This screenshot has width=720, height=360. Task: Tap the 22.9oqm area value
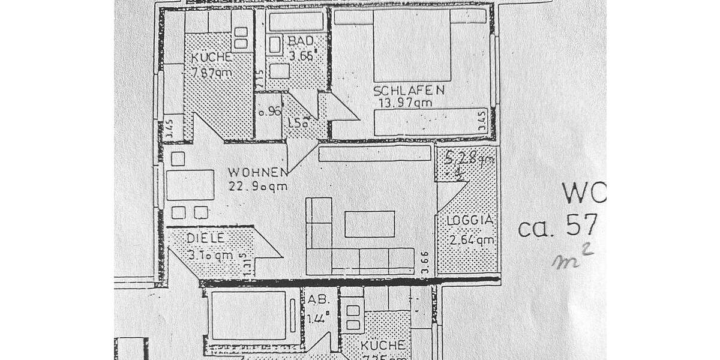click(258, 186)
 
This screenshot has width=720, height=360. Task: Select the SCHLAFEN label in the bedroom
click(409, 91)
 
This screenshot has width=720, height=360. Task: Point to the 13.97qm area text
click(405, 103)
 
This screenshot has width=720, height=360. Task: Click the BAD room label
click(299, 41)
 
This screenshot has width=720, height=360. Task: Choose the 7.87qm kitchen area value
click(212, 73)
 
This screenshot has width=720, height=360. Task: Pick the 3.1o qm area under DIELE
click(210, 254)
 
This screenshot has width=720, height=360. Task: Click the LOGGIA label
click(470, 221)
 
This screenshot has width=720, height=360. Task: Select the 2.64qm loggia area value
click(472, 241)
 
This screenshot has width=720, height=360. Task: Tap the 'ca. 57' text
click(559, 227)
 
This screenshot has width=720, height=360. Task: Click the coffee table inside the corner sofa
click(370, 224)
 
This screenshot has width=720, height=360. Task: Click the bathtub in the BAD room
click(296, 22)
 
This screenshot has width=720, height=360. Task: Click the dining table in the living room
click(190, 185)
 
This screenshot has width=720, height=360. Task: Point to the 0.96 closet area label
click(269, 112)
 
